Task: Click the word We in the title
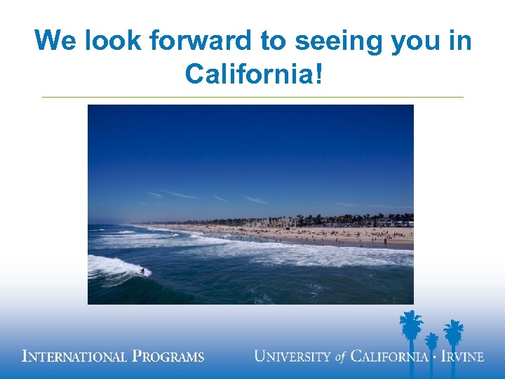(x=56, y=41)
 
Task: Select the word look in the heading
(x=112, y=41)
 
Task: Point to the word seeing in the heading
(x=337, y=42)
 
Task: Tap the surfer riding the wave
(x=142, y=270)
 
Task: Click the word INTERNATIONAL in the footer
(x=75, y=357)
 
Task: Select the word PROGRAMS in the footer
(x=168, y=357)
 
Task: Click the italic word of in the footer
(x=341, y=357)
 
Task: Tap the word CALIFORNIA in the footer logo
(x=389, y=356)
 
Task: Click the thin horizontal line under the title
(x=252, y=97)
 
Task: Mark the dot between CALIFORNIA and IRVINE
(x=435, y=357)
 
